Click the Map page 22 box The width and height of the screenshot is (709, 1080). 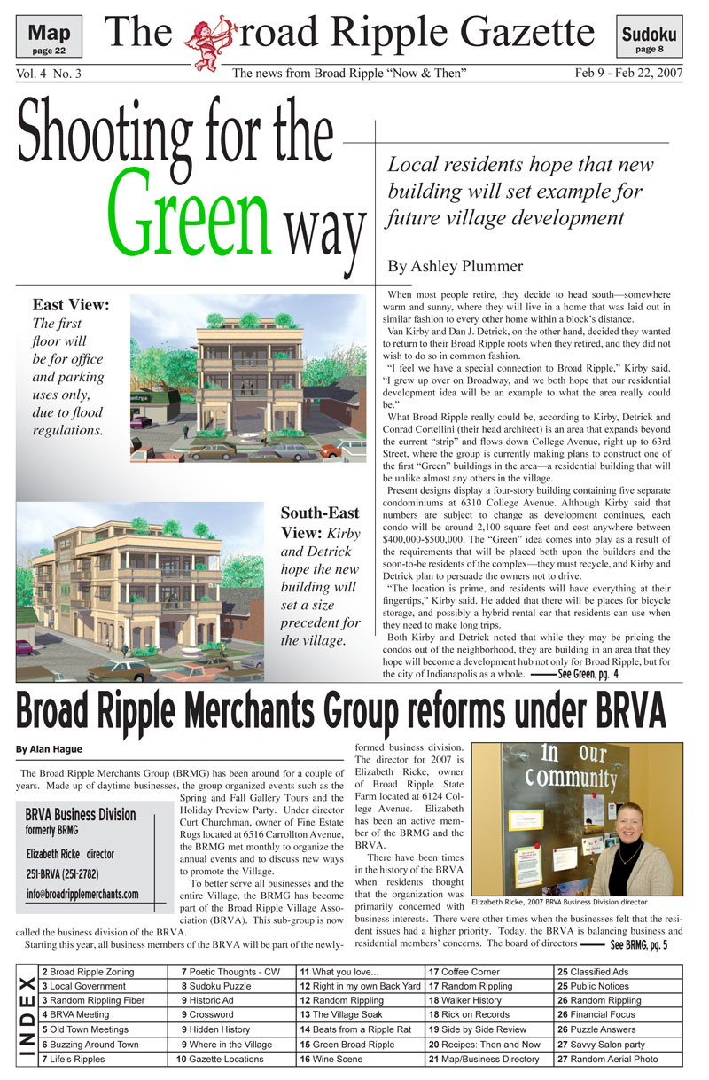tap(50, 37)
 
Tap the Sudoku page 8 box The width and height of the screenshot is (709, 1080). tap(649, 38)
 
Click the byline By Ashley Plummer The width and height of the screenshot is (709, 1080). tap(455, 266)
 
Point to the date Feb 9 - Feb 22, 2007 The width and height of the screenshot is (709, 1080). tap(627, 74)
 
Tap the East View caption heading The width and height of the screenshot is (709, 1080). tap(71, 306)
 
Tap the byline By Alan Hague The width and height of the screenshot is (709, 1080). tap(50, 749)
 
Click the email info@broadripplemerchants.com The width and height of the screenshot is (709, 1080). tap(82, 894)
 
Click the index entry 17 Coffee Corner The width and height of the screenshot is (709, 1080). tap(464, 972)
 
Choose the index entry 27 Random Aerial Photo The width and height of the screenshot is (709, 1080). tap(608, 1059)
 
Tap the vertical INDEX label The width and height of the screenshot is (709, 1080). tap(27, 1015)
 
